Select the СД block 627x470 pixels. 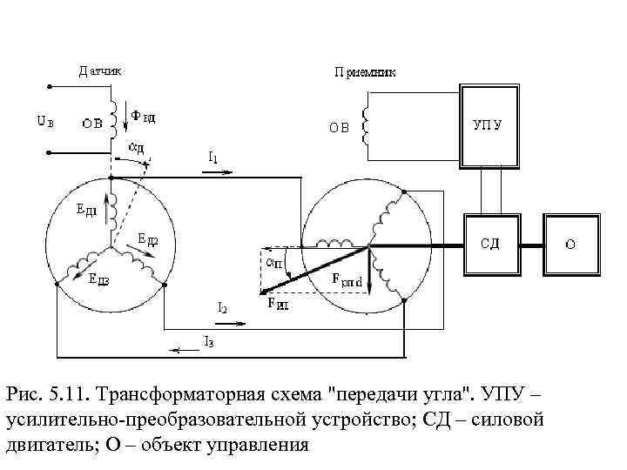[490, 245]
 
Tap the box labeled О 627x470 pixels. [570, 245]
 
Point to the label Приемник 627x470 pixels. [365, 73]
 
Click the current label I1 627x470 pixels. [213, 158]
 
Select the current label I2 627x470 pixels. [223, 308]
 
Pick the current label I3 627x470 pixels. [208, 341]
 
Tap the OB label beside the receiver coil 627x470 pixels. [339, 127]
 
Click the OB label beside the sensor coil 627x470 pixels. [93, 123]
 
